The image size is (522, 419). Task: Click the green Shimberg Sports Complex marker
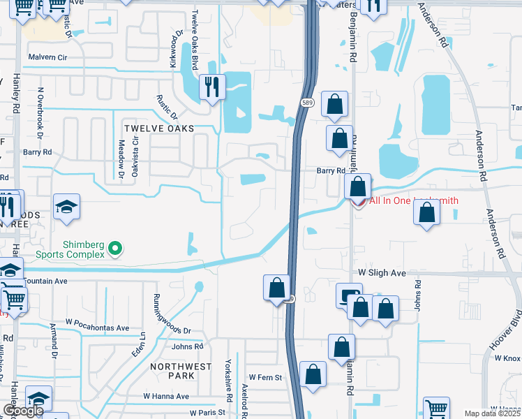point(117,247)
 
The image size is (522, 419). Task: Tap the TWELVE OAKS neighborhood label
point(159,128)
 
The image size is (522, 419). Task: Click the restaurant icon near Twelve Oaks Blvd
point(211,87)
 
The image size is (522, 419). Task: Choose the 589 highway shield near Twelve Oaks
point(307,103)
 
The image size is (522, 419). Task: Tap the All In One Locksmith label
point(413,201)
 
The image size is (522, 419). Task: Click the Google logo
point(23,411)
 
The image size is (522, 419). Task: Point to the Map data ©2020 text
point(492,413)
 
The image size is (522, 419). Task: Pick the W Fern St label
point(264,378)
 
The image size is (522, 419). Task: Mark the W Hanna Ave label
point(166,396)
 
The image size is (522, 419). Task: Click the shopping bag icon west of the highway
point(276,287)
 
